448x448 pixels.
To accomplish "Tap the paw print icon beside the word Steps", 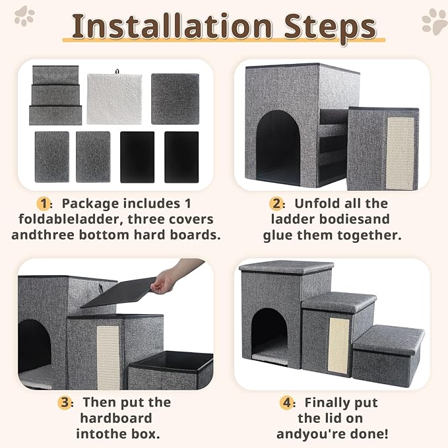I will [x=434, y=20].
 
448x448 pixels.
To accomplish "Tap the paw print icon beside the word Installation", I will [x=24, y=16].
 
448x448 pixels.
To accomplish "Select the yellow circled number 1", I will [x=44, y=203].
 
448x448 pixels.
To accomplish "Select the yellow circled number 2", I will [x=276, y=203].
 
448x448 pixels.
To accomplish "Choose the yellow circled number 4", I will [x=286, y=402].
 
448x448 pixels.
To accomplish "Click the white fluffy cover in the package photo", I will [x=114, y=98].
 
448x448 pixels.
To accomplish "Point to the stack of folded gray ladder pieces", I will [x=55, y=95].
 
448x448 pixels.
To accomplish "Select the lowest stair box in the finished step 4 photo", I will [x=387, y=355].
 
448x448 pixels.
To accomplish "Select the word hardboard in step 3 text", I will [x=116, y=418].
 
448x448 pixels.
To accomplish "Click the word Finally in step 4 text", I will [x=331, y=402].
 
